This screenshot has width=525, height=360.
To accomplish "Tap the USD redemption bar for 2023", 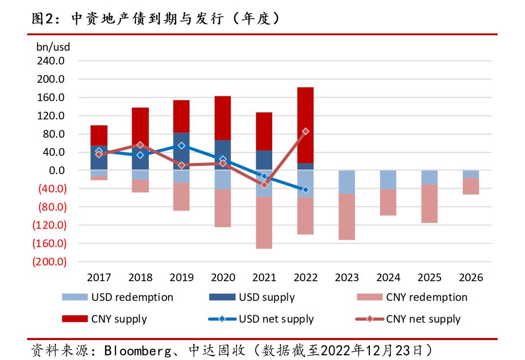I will point(347,182).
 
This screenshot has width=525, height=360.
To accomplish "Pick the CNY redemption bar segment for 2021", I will point(264,222).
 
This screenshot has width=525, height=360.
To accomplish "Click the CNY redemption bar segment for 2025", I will point(429,203).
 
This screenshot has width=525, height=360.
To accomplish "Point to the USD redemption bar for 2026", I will point(471,174).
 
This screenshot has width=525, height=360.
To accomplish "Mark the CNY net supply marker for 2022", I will point(305,131).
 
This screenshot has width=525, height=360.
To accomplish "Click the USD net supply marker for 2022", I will point(305,190).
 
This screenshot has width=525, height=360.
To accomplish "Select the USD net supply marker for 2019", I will point(181,145).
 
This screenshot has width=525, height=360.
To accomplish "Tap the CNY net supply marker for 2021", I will point(264,185).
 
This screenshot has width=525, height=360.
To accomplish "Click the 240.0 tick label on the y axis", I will point(51,61).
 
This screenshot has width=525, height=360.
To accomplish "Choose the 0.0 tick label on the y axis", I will point(55,170).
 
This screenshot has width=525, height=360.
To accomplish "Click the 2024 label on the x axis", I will point(388,278).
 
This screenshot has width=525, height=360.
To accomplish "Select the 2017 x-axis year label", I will point(99,278).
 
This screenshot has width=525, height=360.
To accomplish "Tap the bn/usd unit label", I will point(53,47).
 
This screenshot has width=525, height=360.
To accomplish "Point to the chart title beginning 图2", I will point(156,18).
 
